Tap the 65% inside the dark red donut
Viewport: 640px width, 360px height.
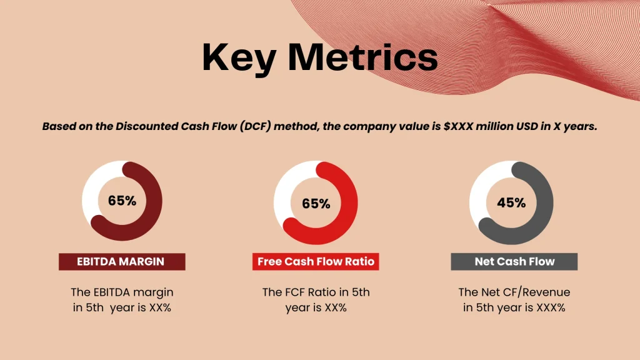(x=122, y=201)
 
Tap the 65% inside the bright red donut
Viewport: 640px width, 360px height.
(x=316, y=204)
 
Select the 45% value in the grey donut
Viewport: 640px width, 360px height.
(x=511, y=203)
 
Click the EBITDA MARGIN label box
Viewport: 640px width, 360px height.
(x=122, y=262)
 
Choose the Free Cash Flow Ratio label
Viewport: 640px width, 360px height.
(x=316, y=262)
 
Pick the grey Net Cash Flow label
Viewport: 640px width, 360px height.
(x=514, y=262)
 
